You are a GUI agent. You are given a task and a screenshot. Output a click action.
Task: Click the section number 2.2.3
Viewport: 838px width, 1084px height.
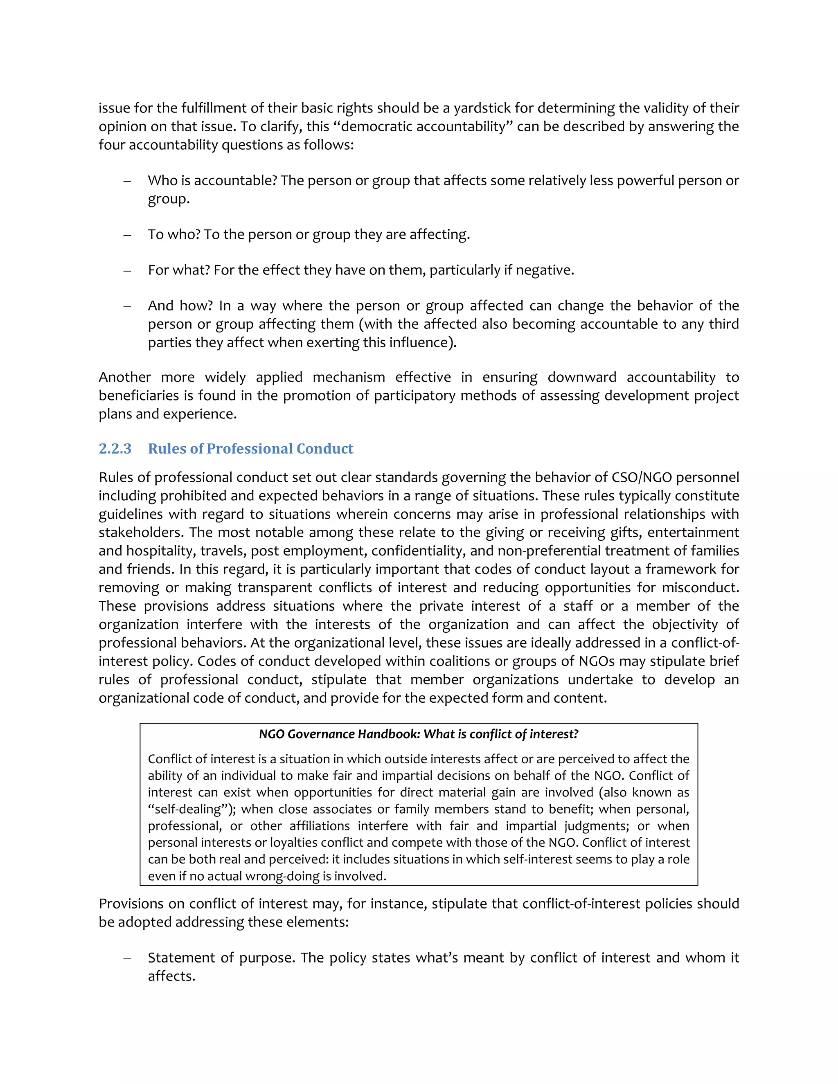coord(115,449)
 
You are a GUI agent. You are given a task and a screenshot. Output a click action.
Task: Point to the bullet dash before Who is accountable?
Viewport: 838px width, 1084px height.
coord(127,181)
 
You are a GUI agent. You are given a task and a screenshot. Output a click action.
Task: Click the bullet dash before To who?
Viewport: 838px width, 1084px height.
coord(127,235)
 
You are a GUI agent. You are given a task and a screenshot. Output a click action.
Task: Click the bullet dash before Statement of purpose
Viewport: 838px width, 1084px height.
coord(127,958)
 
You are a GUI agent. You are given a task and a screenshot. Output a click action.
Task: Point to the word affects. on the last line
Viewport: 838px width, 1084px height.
coord(171,976)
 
